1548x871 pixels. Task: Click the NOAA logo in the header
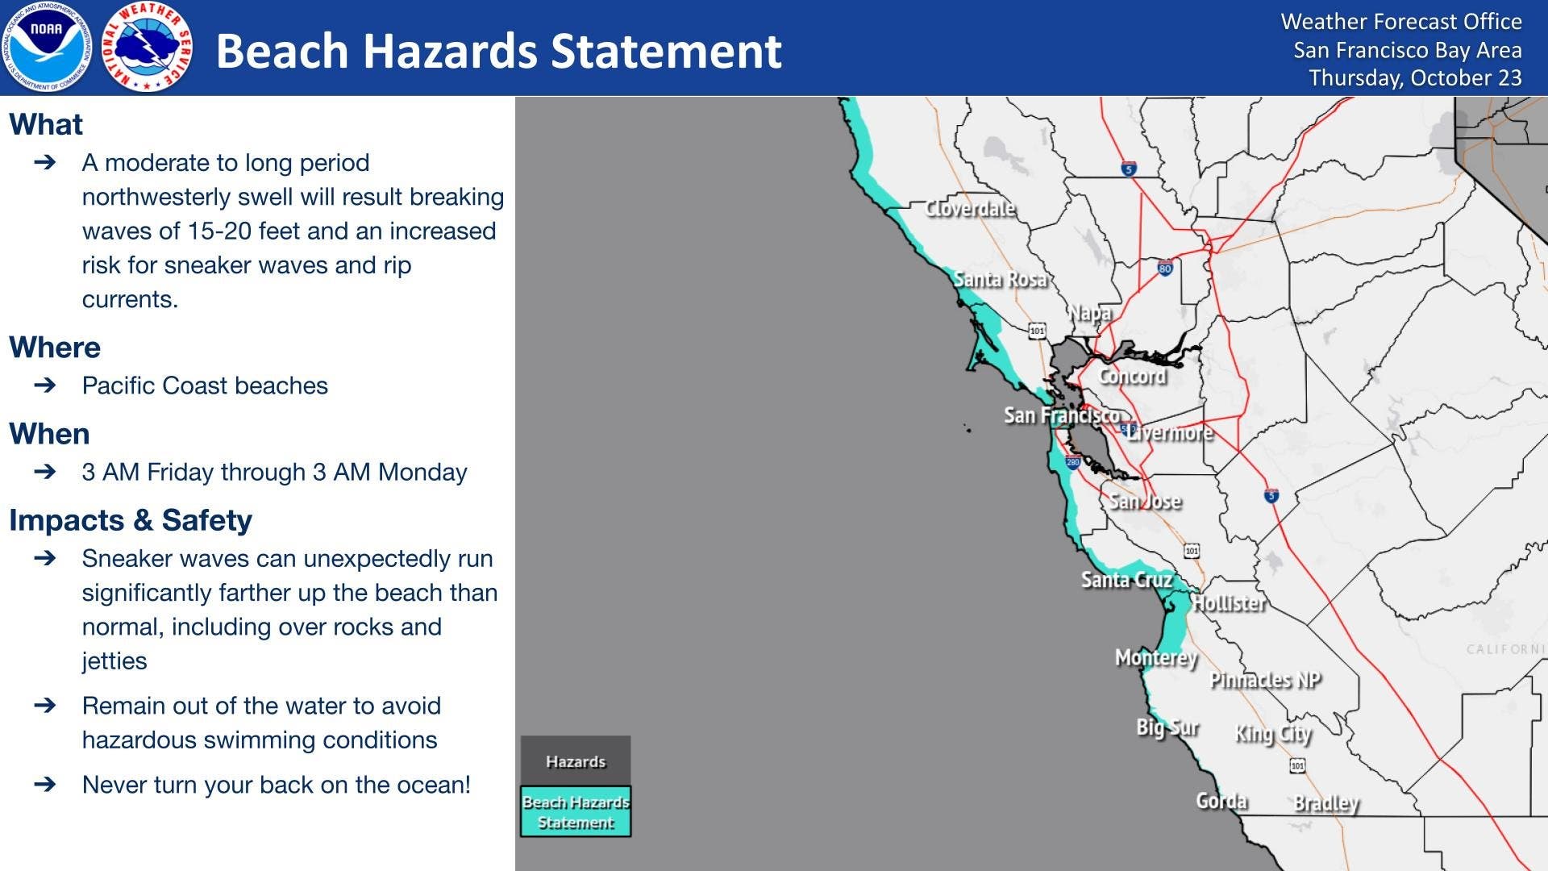click(46, 47)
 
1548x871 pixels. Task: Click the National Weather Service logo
click(148, 47)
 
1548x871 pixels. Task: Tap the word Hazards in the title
click(452, 51)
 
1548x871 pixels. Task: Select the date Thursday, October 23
click(1415, 78)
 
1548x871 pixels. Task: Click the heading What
click(46, 124)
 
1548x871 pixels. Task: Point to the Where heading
click(55, 347)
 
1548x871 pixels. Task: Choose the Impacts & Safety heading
click(131, 520)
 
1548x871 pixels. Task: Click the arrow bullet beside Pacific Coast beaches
click(45, 385)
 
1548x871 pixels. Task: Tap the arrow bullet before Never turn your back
click(45, 784)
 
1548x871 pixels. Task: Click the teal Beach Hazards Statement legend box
click(576, 811)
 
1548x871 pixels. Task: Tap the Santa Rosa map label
click(1000, 279)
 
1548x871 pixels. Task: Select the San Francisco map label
click(1062, 415)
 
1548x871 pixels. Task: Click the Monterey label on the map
click(1156, 658)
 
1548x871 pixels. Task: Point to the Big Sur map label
click(1167, 727)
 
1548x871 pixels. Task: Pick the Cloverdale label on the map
click(970, 209)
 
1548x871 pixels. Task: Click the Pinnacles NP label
click(1265, 680)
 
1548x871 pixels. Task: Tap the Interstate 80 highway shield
click(1165, 268)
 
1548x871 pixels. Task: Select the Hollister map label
click(1229, 603)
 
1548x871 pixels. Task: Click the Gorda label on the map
click(1221, 801)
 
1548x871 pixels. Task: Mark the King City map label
click(1274, 734)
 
